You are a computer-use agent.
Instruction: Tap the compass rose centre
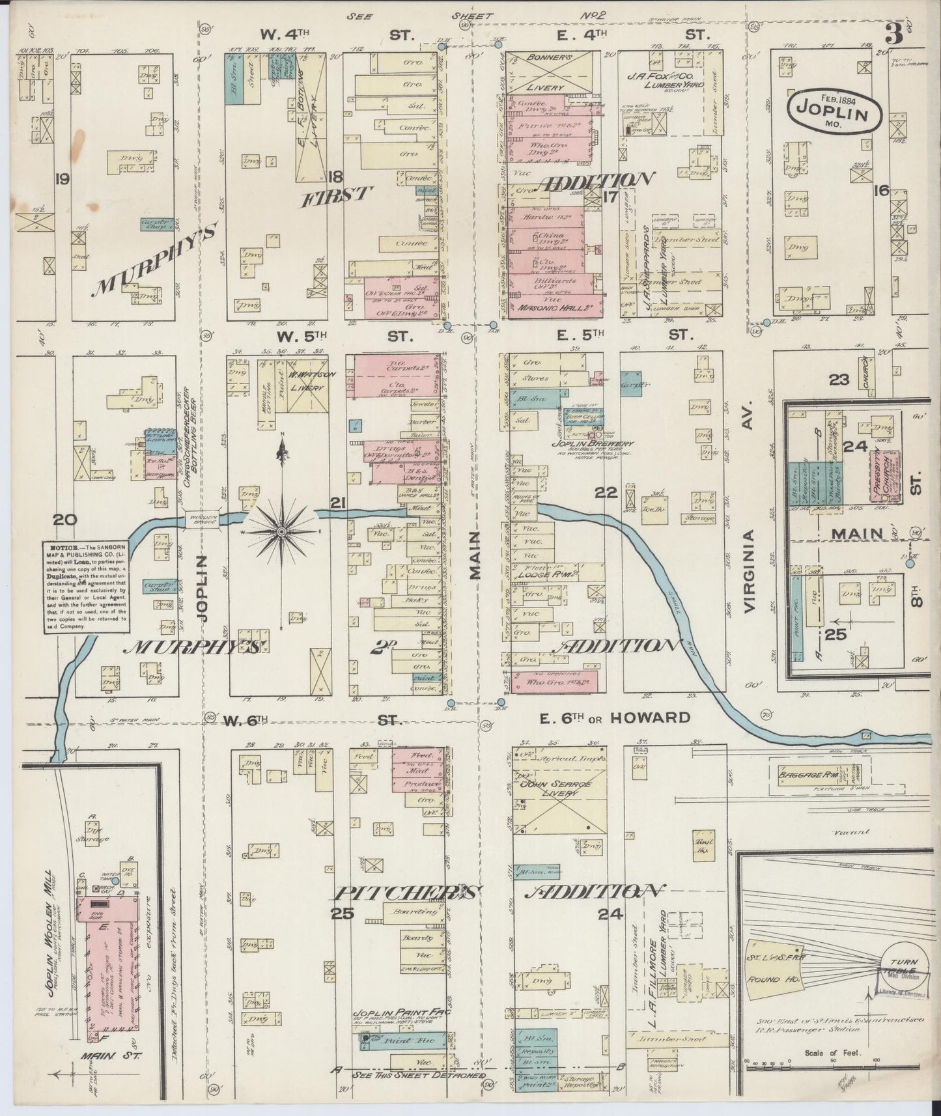click(281, 531)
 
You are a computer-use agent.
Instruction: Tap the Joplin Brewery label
click(603, 444)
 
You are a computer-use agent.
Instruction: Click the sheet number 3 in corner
click(893, 36)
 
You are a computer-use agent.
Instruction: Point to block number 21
click(337, 502)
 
